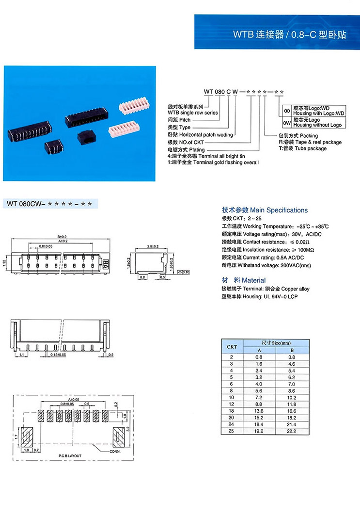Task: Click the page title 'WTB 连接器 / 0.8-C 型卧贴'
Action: pos(289,34)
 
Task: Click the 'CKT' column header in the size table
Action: pos(232,347)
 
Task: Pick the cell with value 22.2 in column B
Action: pos(292,431)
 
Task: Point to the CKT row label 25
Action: pos(232,431)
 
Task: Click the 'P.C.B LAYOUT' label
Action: pos(70,456)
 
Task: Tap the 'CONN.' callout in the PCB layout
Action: pos(115,452)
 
